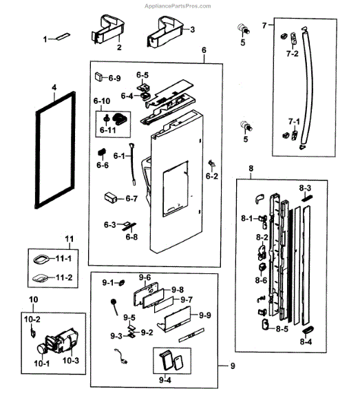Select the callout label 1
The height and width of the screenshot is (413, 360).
point(46,39)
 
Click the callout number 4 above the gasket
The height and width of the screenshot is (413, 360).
point(52,88)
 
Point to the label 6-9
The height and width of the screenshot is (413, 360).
point(114,78)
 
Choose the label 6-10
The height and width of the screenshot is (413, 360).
point(102,102)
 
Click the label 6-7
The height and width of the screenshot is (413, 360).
point(131,199)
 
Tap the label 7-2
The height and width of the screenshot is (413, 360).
point(292,53)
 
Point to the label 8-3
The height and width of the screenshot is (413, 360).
point(305,188)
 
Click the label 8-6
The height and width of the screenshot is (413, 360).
point(261,280)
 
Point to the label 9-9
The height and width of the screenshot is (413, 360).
point(204,315)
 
